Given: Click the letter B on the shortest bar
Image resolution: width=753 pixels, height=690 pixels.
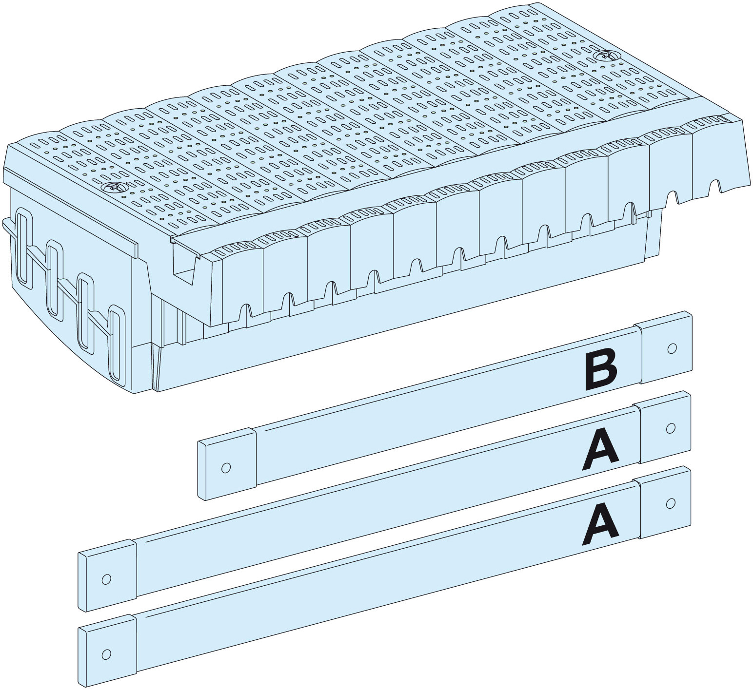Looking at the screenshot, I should click(x=601, y=371).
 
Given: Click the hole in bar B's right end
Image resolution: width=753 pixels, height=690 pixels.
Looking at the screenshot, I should click(x=672, y=348).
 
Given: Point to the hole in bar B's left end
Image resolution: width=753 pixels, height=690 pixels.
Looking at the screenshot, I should click(x=225, y=468).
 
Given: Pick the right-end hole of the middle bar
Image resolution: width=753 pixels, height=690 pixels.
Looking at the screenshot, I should click(x=671, y=428).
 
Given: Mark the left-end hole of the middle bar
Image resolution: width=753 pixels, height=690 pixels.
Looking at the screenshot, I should click(x=106, y=579).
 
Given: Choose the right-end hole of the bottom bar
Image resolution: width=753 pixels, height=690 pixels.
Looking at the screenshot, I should click(x=671, y=503).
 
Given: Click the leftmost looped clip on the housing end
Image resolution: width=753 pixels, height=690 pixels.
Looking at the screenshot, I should click(x=22, y=246).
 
